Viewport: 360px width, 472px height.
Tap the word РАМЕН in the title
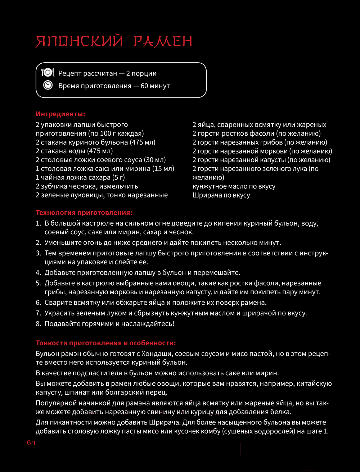(x=163, y=42)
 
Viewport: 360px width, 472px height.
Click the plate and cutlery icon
(x=48, y=73)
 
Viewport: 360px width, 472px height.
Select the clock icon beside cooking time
(x=48, y=85)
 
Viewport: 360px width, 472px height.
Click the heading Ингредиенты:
(x=60, y=114)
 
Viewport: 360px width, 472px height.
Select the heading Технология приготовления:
(x=84, y=213)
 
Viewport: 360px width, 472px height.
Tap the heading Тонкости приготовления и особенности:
(x=106, y=343)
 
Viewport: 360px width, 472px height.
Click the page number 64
(x=31, y=443)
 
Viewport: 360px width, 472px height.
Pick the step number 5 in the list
(x=38, y=283)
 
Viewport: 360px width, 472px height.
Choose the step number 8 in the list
(x=38, y=324)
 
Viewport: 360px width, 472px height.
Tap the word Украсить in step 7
(x=59, y=313)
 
